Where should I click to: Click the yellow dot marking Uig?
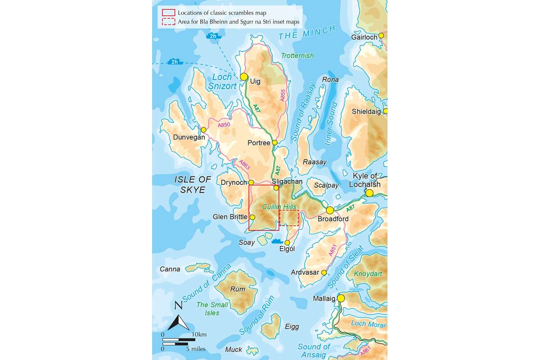coord(244,77)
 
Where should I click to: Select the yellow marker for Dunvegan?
coord(203,130)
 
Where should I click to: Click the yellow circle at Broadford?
coord(330,210)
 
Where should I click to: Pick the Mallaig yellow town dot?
coord(341,298)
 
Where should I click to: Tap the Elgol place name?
coord(287,249)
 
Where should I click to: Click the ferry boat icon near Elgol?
coord(277,241)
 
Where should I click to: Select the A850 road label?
coord(224,125)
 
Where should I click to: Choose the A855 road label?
coord(282,94)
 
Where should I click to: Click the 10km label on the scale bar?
coord(198,334)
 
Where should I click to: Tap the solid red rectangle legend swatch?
coord(168,13)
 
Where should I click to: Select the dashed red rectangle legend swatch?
coord(168,21)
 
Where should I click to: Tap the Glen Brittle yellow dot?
coord(252,217)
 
